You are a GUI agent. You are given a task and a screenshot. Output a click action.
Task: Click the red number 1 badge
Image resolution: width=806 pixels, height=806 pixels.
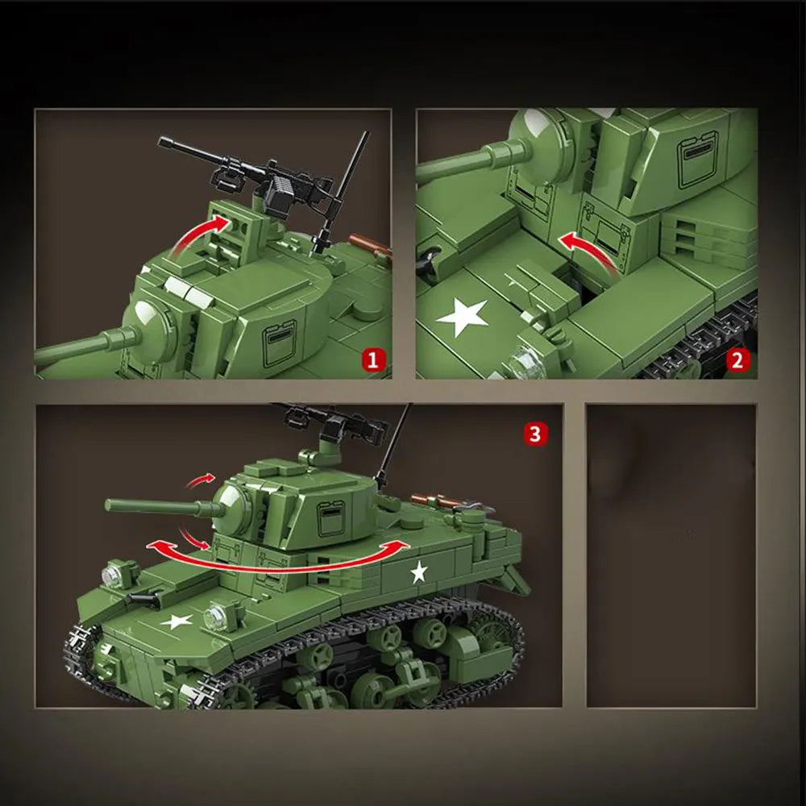(372, 359)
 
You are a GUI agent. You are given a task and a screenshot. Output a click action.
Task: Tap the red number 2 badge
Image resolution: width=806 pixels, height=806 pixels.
(737, 359)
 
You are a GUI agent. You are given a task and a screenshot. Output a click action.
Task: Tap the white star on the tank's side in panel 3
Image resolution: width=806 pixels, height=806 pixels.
(418, 572)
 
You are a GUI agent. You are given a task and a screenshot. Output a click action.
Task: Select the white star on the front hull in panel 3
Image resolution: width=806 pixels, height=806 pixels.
(177, 621)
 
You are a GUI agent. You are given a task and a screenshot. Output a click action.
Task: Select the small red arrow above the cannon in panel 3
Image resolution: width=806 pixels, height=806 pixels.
(201, 481)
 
